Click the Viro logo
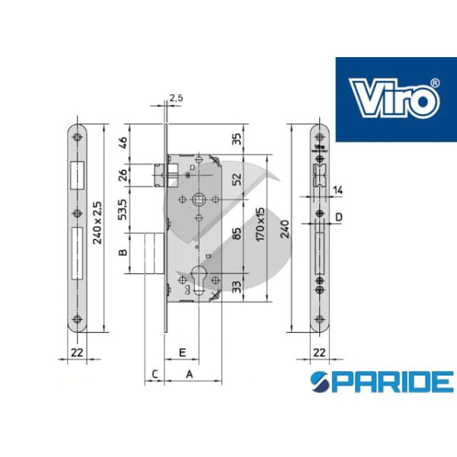click(396, 99)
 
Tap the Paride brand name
click(382, 382)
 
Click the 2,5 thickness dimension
click(177, 98)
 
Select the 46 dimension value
click(123, 142)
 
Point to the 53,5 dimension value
click(123, 209)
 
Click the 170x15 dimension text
click(260, 224)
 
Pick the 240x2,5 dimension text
click(97, 222)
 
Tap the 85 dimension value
click(238, 234)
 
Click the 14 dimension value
click(337, 190)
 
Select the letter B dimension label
click(123, 252)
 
